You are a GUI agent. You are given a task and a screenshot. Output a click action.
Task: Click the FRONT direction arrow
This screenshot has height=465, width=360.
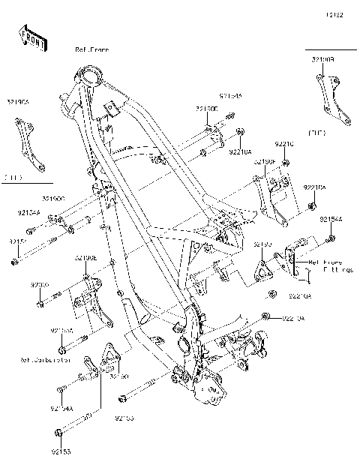tap(29, 38)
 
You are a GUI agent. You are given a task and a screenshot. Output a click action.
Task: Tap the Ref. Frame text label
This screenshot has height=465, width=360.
tap(91, 49)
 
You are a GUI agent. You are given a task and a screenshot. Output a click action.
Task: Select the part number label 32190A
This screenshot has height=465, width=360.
tap(19, 101)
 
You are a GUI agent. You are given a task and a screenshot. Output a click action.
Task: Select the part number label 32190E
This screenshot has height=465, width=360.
tap(85, 257)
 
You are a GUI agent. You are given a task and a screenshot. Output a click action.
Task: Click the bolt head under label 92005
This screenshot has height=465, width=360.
tap(39, 304)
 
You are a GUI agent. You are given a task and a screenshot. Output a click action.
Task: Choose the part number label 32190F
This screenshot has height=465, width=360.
tap(265, 161)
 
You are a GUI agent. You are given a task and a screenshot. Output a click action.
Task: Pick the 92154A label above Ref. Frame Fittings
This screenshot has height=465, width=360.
tap(331, 219)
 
